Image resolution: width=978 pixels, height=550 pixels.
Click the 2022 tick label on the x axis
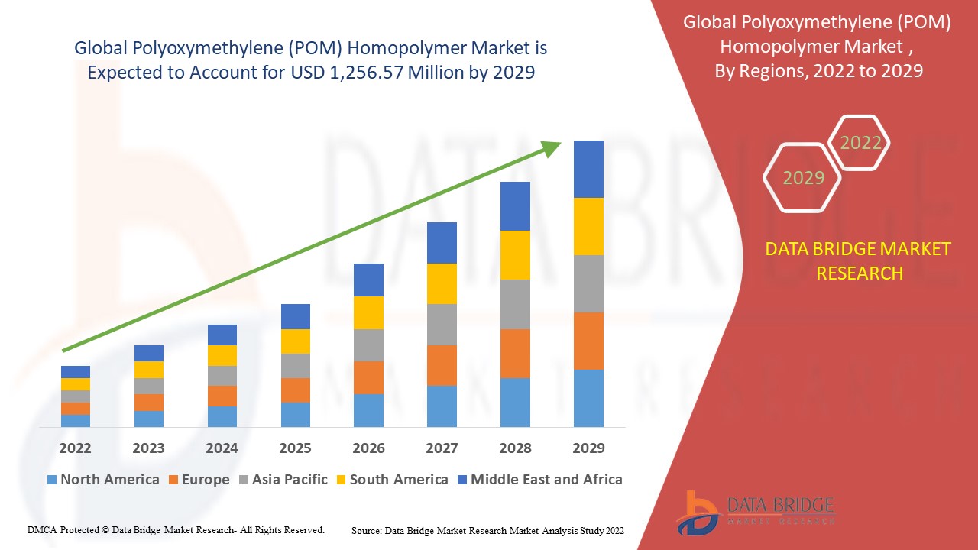(76, 448)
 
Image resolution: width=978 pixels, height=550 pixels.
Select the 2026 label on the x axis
(368, 448)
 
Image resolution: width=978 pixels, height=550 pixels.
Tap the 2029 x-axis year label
(588, 448)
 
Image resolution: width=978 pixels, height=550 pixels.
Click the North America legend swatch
(52, 480)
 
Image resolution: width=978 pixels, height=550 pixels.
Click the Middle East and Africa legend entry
(539, 480)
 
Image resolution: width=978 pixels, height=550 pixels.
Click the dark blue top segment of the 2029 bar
(588, 169)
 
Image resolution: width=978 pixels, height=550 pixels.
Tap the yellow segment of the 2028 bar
(515, 255)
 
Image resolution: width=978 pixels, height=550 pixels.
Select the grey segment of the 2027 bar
(442, 325)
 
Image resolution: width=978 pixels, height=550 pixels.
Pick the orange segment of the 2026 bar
(368, 377)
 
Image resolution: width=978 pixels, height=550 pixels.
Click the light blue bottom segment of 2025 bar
(295, 414)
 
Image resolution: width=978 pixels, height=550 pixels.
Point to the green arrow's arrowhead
(552, 147)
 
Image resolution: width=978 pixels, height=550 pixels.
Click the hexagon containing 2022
(860, 143)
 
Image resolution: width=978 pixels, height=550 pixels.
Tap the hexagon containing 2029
(803, 177)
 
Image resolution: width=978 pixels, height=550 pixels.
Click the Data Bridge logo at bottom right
(753, 513)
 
